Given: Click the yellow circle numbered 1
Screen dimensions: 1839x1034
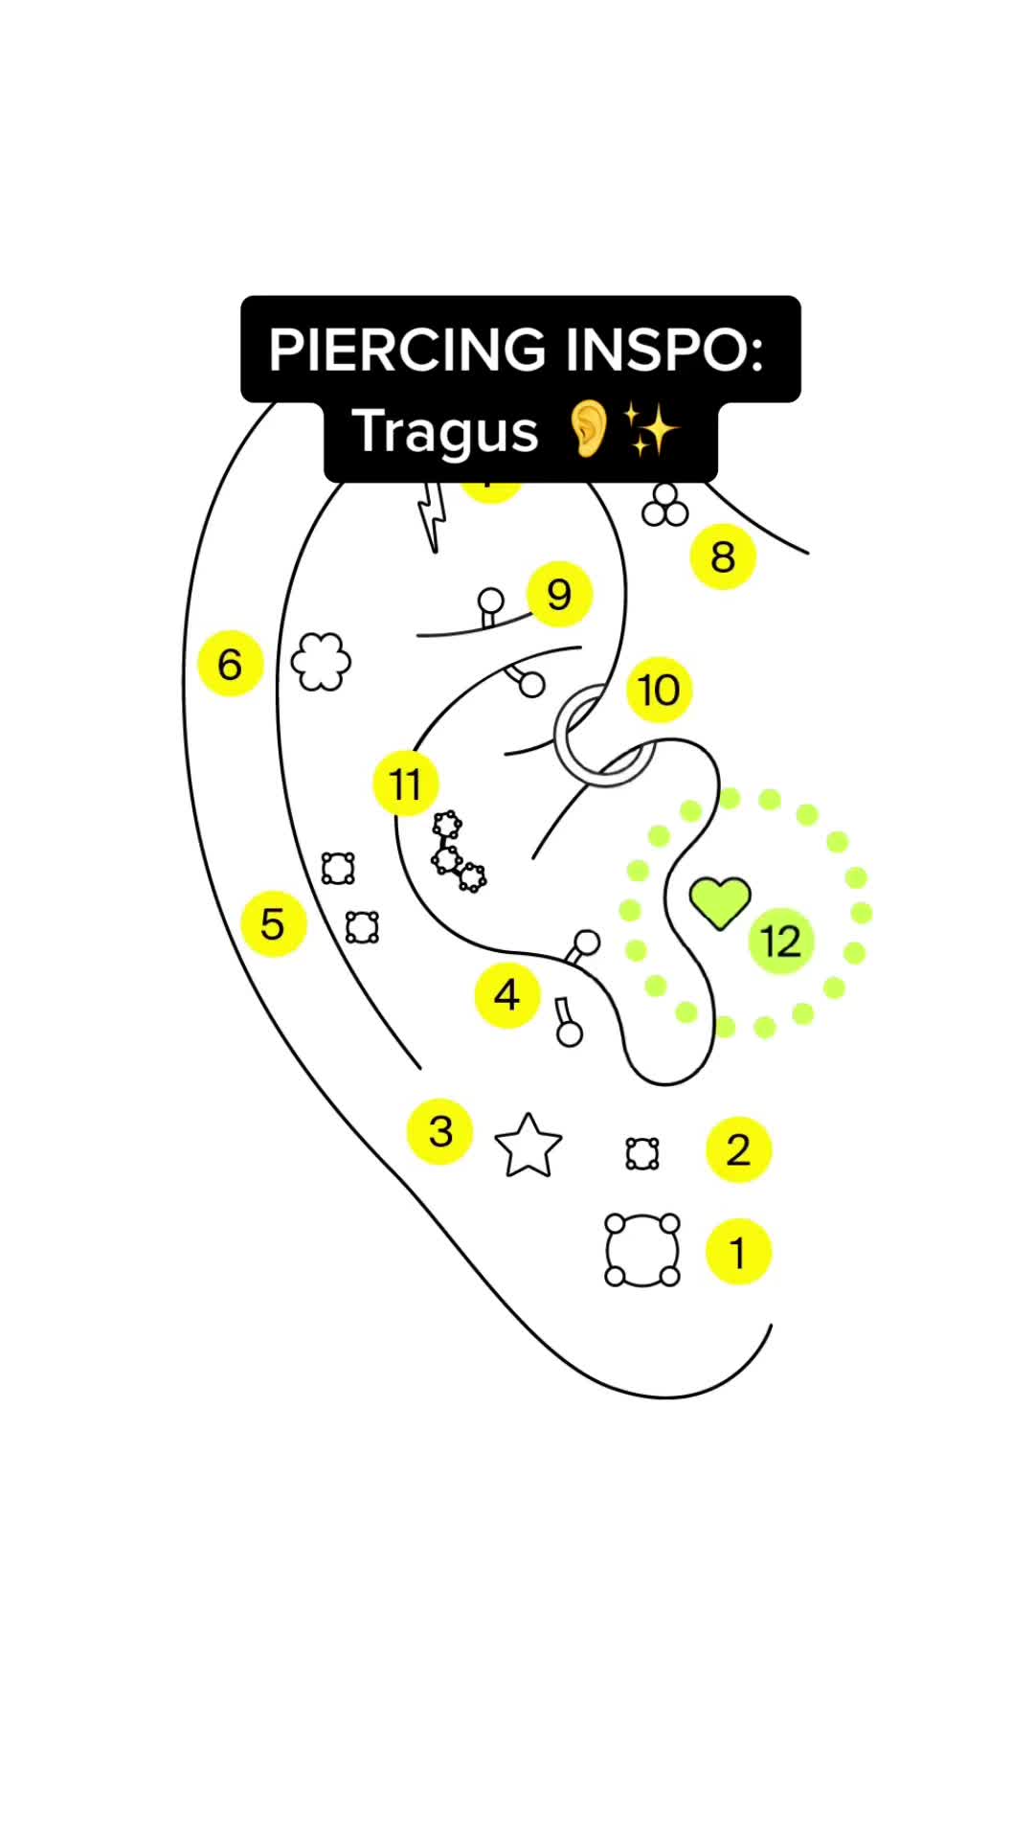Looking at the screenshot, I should pos(738,1252).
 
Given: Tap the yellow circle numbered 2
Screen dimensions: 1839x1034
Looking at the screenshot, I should pos(738,1149).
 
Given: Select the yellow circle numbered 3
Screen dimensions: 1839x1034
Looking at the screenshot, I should pos(440,1131).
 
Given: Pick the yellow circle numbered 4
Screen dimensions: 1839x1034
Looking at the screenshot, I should pos(506,995).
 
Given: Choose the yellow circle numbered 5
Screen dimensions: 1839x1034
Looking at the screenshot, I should pos(273,924).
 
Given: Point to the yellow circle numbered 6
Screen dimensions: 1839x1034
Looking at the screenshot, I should pos(230,664).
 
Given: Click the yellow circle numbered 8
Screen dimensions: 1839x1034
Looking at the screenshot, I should pos(723,556).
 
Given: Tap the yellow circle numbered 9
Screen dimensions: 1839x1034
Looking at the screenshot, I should pos(559,594).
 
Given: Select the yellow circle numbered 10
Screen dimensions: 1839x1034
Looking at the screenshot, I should pos(659,690).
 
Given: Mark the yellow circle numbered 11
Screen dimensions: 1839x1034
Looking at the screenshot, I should pos(405,783).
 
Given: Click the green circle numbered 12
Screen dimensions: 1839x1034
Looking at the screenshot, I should pos(780,942).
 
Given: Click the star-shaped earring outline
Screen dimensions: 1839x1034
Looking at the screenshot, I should pos(528,1147).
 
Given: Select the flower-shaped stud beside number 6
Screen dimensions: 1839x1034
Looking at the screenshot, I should pos(321,661).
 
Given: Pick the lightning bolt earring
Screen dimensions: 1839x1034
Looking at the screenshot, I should pos(434,517).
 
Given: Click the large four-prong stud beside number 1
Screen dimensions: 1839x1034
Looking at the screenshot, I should pos(642,1250).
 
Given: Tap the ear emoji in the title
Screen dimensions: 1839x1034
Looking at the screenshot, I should pos(589,430).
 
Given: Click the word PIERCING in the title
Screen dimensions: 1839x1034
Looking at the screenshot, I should pos(409,350).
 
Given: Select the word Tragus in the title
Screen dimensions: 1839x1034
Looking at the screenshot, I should pos(445,431).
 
